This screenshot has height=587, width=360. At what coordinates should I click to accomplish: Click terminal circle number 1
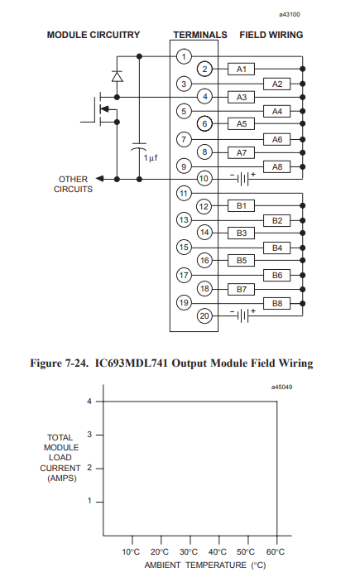tap(184, 57)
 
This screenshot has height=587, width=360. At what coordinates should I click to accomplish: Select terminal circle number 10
tap(204, 179)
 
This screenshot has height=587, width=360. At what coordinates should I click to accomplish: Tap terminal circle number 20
tap(204, 316)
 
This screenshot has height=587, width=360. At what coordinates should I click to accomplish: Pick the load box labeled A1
tap(242, 70)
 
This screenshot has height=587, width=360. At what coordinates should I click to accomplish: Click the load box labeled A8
tap(277, 167)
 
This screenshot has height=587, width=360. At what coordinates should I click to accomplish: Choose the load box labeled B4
tap(277, 248)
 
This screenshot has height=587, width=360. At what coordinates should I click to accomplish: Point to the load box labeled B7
tap(242, 290)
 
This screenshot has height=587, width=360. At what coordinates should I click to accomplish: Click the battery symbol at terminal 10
tap(242, 179)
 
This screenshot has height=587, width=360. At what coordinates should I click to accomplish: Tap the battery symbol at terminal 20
tap(242, 315)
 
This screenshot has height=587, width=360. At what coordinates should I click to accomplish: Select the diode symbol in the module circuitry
tap(118, 76)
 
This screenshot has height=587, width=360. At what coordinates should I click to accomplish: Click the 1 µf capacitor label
tap(151, 158)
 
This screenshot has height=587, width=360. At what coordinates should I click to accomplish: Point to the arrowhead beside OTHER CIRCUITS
tap(99, 179)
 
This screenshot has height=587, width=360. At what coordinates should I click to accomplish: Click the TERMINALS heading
tap(200, 35)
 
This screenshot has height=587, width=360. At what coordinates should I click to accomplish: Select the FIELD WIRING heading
tap(271, 35)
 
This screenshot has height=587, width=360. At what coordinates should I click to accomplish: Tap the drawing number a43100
tap(290, 15)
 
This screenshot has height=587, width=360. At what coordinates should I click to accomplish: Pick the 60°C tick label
tap(276, 551)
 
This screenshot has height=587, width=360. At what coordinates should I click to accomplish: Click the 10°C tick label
tap(131, 551)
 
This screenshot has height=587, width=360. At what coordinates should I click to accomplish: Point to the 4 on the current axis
tap(89, 402)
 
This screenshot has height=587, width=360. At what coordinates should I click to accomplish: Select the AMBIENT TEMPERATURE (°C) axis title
tap(205, 565)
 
